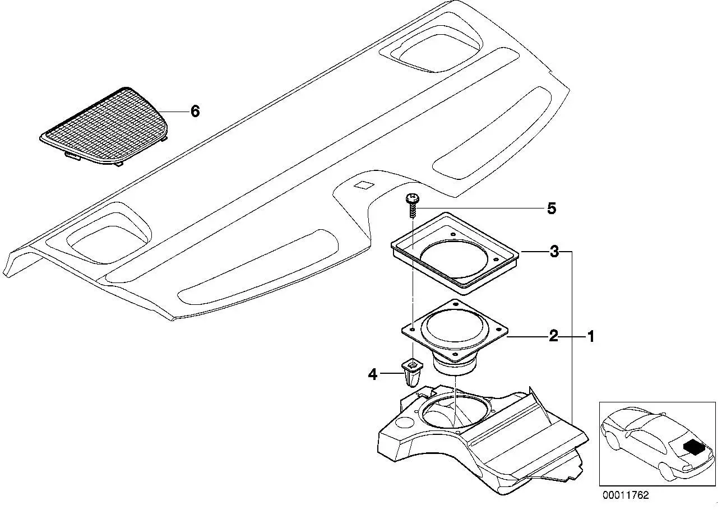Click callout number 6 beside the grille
(x=195, y=112)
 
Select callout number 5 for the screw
(x=552, y=208)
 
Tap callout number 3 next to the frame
(x=554, y=252)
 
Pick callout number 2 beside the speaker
(x=553, y=336)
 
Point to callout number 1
(x=590, y=337)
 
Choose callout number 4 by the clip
(x=373, y=374)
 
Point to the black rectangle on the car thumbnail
(x=692, y=447)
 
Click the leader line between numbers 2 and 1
(x=572, y=337)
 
